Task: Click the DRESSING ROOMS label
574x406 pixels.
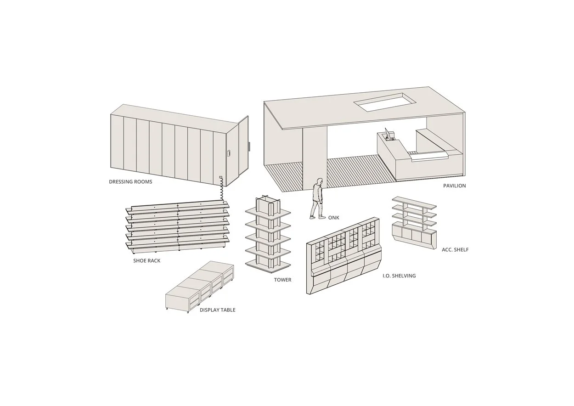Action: tap(130, 182)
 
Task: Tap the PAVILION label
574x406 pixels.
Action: tap(454, 186)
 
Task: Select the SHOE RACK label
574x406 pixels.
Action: tap(146, 261)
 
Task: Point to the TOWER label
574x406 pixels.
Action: tap(282, 280)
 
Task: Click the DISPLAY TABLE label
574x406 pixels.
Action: tap(217, 310)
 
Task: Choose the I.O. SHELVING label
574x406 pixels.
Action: tap(399, 276)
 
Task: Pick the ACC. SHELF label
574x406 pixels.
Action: tap(455, 250)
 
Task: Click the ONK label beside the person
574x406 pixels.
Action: tap(334, 218)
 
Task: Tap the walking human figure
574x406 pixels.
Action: tap(317, 199)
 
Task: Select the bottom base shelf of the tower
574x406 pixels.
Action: tap(268, 265)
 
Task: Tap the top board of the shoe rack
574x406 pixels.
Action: tap(179, 205)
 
